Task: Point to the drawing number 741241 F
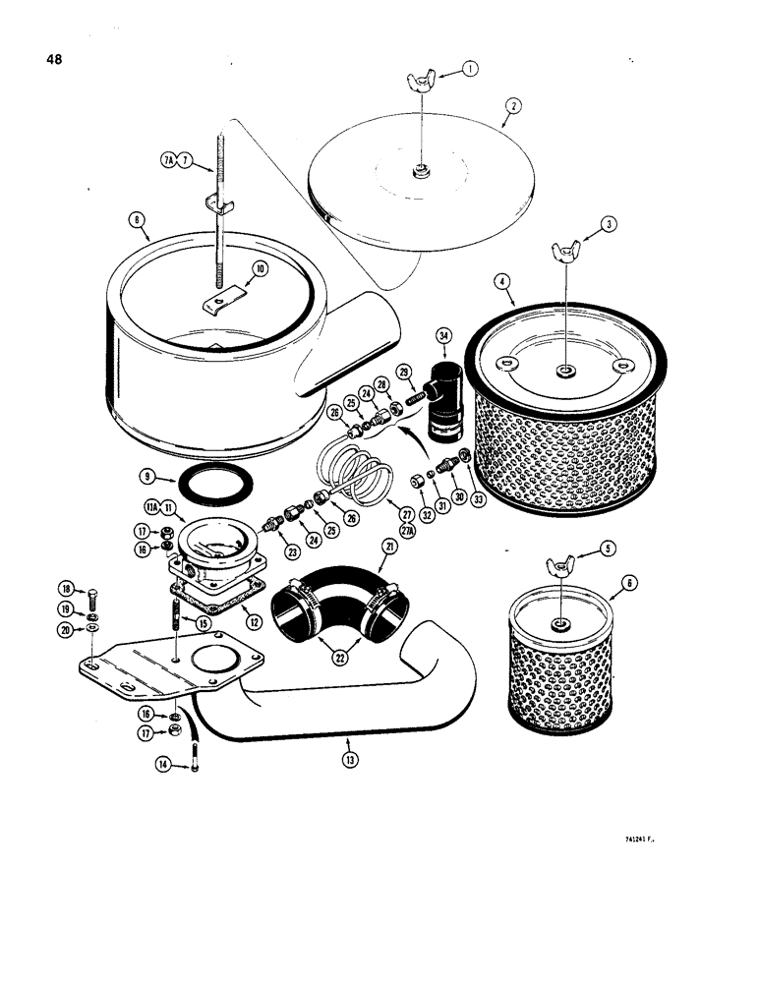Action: [643, 840]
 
